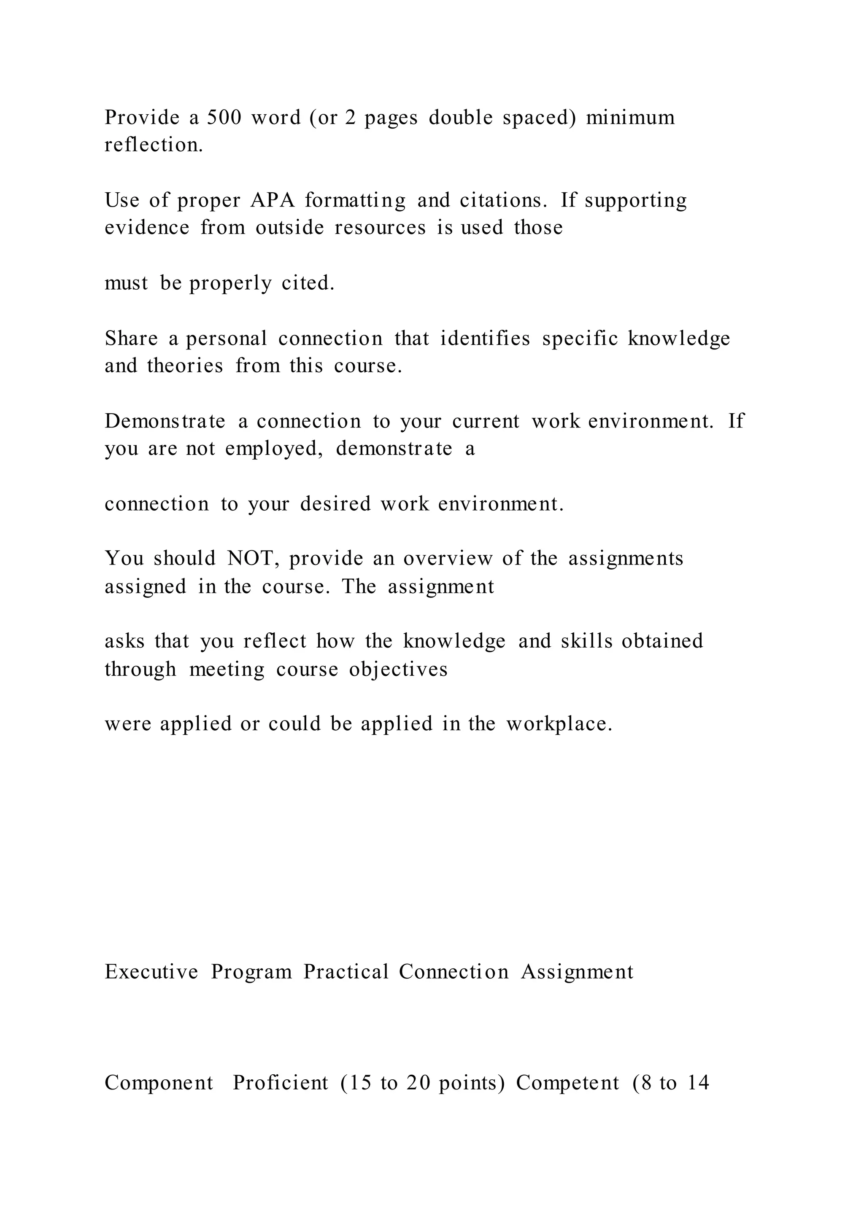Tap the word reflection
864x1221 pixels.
(x=154, y=145)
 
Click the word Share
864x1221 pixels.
(x=131, y=338)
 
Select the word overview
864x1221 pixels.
(x=448, y=558)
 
